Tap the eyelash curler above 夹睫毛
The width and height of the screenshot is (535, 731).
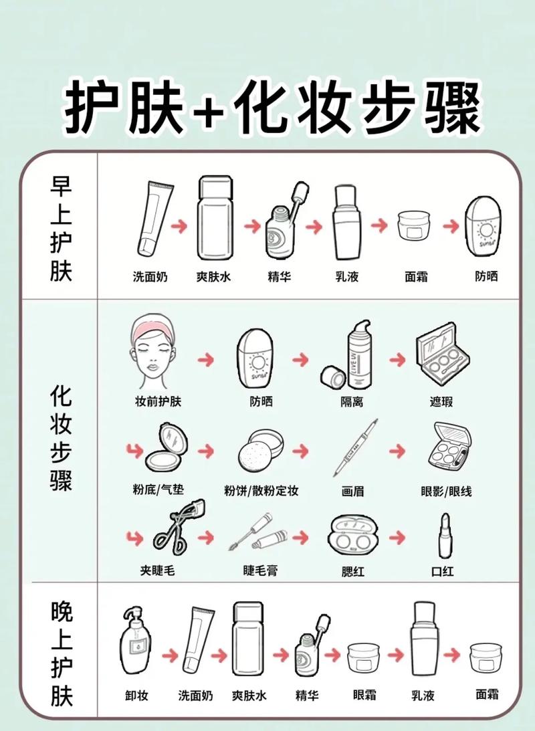[x=179, y=527]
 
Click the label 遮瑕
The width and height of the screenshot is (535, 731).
[x=441, y=401]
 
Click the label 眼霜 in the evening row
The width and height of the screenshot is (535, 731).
[x=364, y=695]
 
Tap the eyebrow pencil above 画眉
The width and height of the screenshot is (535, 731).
[x=355, y=447]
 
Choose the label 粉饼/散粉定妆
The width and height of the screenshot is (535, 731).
[x=261, y=491]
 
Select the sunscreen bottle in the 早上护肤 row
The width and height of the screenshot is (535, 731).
[x=484, y=227]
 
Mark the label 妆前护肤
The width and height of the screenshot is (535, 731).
[x=158, y=401]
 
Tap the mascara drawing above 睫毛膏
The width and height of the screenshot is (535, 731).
[x=258, y=532]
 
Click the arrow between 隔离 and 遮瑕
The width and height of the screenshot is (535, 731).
[x=397, y=359]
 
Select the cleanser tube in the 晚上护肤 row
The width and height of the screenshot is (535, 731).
[x=198, y=640]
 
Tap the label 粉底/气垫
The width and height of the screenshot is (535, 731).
[x=158, y=490]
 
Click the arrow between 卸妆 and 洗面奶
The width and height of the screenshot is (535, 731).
[x=170, y=655]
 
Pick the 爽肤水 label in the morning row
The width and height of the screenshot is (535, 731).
[x=213, y=277]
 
